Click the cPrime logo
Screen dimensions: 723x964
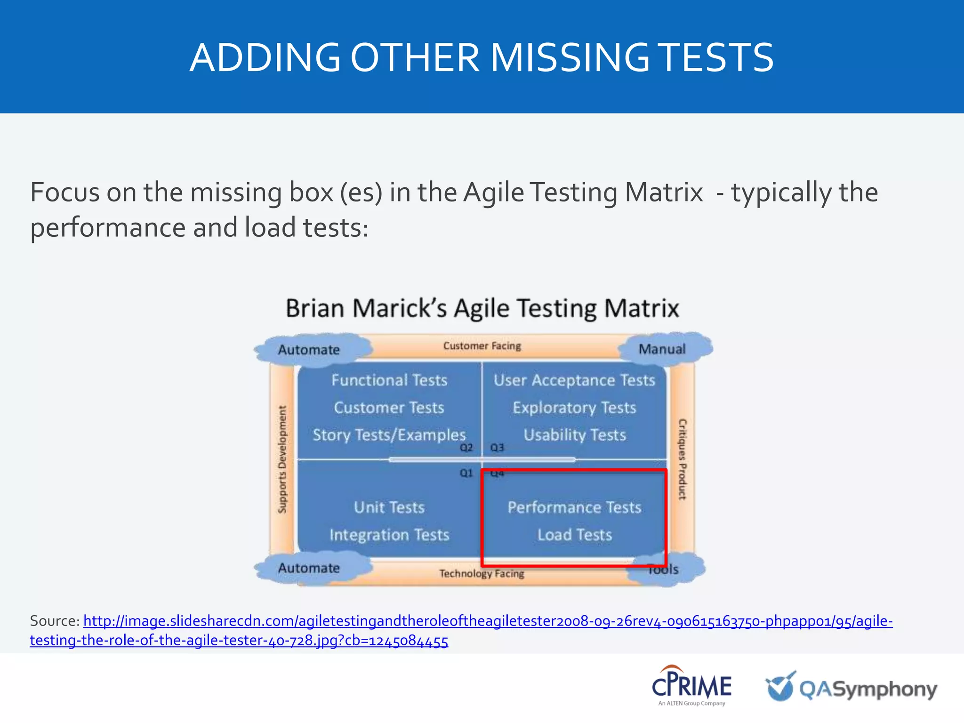click(x=691, y=686)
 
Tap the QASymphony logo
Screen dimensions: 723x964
click(x=851, y=688)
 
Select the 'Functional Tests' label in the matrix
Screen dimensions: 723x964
click(x=389, y=380)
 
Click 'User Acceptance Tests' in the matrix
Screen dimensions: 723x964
click(x=574, y=380)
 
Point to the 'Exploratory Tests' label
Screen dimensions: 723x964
click(x=574, y=408)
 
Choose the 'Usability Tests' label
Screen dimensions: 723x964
click(x=575, y=435)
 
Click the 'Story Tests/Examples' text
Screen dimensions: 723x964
click(x=389, y=435)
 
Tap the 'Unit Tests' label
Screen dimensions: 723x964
click(x=389, y=507)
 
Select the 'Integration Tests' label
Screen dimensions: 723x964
click(x=389, y=535)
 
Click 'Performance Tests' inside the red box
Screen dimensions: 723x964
click(x=574, y=507)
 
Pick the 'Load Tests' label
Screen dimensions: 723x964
click(x=575, y=535)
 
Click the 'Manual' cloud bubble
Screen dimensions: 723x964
click(x=662, y=349)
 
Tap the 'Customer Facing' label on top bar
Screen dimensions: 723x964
click(x=482, y=346)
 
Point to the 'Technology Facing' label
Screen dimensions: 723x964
click(x=482, y=573)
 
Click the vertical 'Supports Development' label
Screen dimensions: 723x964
click(x=282, y=459)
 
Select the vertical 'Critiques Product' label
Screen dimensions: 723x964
click(x=682, y=459)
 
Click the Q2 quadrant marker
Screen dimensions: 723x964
click(x=466, y=448)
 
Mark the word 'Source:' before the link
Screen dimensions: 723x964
click(x=55, y=621)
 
